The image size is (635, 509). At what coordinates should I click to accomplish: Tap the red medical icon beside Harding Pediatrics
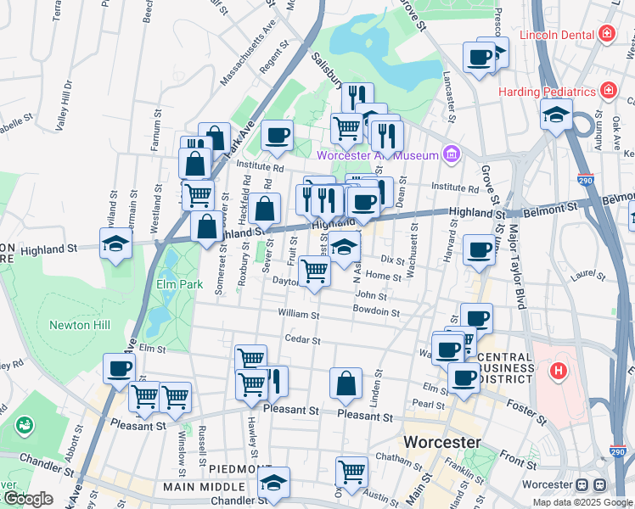[x=609, y=90]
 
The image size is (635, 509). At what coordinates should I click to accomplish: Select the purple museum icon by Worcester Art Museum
[x=452, y=154]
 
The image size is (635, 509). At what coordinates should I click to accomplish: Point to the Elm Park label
[x=179, y=284]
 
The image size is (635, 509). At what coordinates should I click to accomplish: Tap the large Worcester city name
[x=441, y=442]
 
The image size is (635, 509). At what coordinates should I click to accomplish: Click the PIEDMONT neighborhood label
[x=240, y=469]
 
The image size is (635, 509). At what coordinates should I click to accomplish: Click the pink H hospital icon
[x=558, y=371]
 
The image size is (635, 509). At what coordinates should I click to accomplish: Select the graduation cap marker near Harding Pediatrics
[x=556, y=115]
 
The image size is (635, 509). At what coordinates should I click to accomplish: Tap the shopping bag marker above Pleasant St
[x=346, y=383]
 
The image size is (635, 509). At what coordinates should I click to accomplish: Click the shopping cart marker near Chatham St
[x=351, y=471]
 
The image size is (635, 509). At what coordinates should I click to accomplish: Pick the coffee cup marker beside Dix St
[x=479, y=249]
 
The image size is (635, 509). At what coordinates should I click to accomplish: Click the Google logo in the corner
[x=28, y=499]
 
